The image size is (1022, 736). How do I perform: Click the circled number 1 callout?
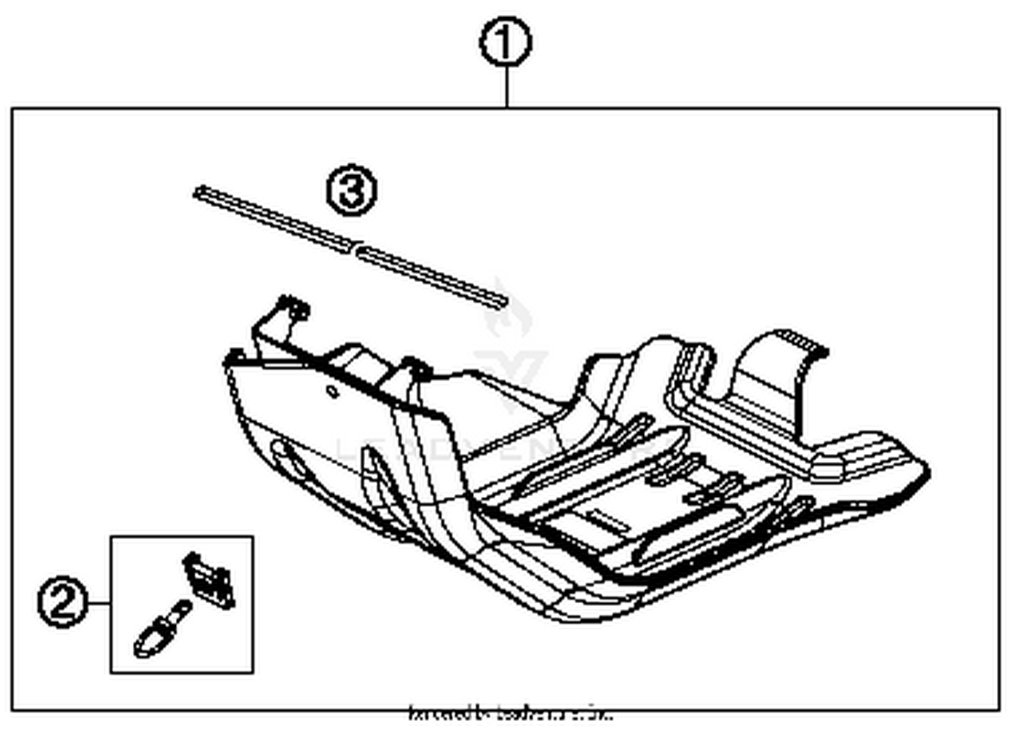[505, 43]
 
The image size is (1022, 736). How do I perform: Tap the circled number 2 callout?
[63, 602]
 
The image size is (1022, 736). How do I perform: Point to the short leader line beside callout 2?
[99, 603]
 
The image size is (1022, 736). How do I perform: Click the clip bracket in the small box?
[210, 580]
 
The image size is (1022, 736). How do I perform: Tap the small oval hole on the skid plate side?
[331, 391]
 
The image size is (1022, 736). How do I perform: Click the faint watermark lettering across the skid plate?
[477, 450]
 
